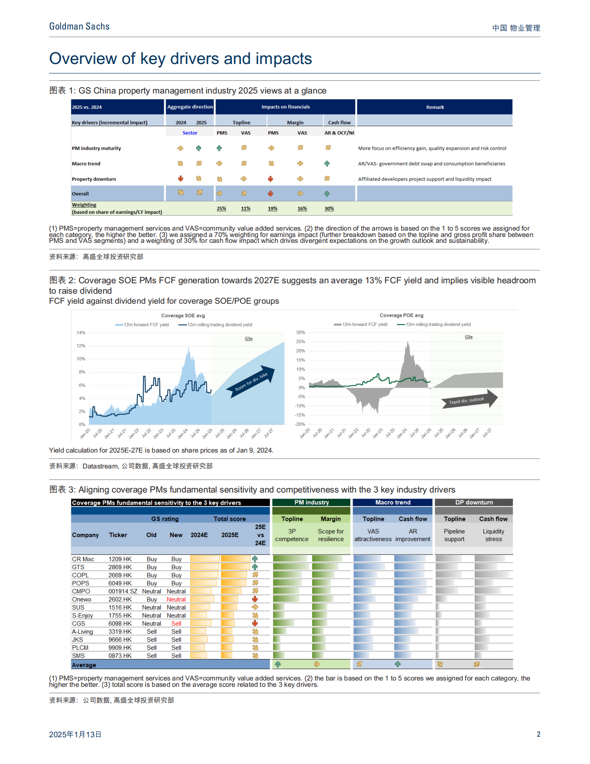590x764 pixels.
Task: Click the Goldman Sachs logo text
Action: [79, 26]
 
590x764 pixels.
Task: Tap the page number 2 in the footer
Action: [538, 734]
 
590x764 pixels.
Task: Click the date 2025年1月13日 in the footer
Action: [75, 734]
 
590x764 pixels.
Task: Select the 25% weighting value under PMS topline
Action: [221, 209]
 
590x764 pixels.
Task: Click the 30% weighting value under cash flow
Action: [329, 209]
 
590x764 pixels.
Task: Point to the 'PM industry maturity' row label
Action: [96, 148]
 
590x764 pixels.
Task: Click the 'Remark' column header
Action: [435, 107]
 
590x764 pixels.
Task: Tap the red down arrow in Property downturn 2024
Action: [181, 178]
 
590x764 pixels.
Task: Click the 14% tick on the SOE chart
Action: [81, 333]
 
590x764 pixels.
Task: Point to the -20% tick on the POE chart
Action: [300, 424]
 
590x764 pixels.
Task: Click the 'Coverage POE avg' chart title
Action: [401, 315]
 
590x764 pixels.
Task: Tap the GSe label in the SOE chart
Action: [249, 339]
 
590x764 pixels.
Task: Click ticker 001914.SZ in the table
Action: [123, 591]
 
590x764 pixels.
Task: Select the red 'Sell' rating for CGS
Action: [176, 624]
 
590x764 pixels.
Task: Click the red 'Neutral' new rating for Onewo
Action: [176, 600]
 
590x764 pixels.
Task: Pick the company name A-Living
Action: [82, 632]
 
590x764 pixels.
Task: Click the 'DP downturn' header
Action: [474, 503]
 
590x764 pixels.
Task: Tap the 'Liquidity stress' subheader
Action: [493, 535]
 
